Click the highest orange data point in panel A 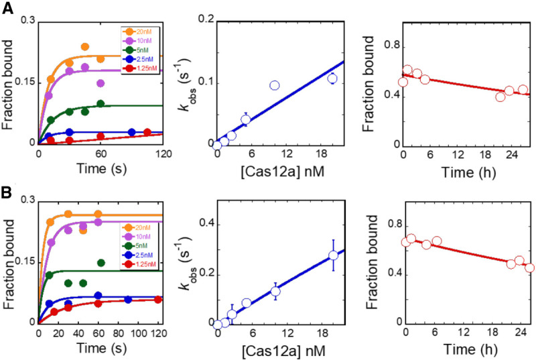pos(85,47)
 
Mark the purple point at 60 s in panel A pos(100,83)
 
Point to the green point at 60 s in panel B pos(100,263)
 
